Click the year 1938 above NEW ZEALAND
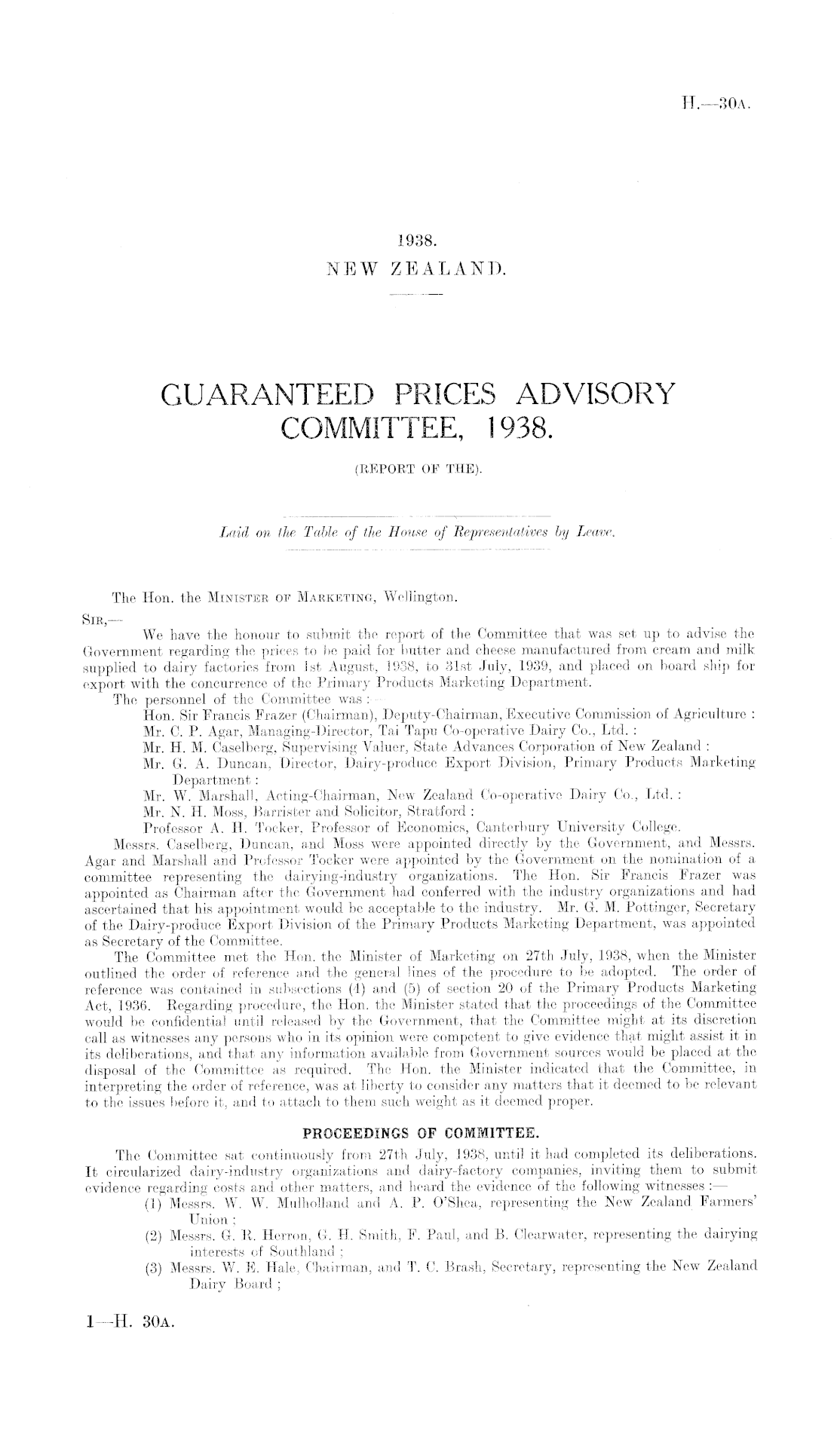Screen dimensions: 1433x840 tap(417, 242)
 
